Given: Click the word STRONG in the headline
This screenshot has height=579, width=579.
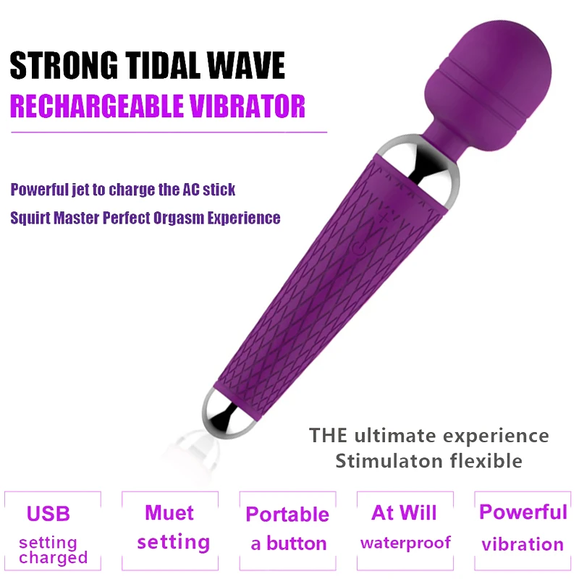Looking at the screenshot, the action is pyautogui.click(x=64, y=66).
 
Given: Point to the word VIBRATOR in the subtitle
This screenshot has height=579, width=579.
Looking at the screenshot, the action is pyautogui.click(x=248, y=106).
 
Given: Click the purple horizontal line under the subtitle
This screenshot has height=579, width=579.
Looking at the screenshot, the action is pyautogui.click(x=169, y=132).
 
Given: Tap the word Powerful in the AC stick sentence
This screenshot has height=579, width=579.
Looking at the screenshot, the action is pyautogui.click(x=40, y=190).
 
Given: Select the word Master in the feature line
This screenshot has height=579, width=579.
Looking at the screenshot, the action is pyautogui.click(x=77, y=218).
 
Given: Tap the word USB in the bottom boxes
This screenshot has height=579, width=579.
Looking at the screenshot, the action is pyautogui.click(x=48, y=514).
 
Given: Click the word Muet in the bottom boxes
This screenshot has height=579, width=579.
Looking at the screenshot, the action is pyautogui.click(x=169, y=513).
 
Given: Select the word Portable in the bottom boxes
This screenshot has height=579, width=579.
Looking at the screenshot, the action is pyautogui.click(x=287, y=515).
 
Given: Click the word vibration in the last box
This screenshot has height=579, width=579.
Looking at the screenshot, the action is pyautogui.click(x=523, y=545).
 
